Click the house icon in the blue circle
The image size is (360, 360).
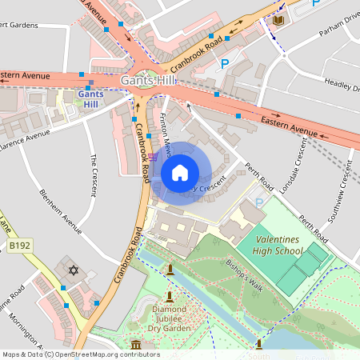click(180, 172)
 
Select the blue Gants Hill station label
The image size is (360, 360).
click(90, 98)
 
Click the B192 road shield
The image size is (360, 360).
click(20, 246)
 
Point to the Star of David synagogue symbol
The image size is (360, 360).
click(74, 270)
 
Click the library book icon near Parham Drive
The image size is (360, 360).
click(278, 19)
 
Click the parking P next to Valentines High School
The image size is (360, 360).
click(258, 203)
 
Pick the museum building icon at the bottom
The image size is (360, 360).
click(135, 346)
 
